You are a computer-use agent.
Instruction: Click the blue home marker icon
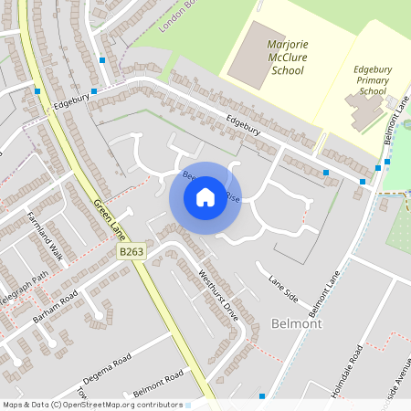click(x=205, y=196)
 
